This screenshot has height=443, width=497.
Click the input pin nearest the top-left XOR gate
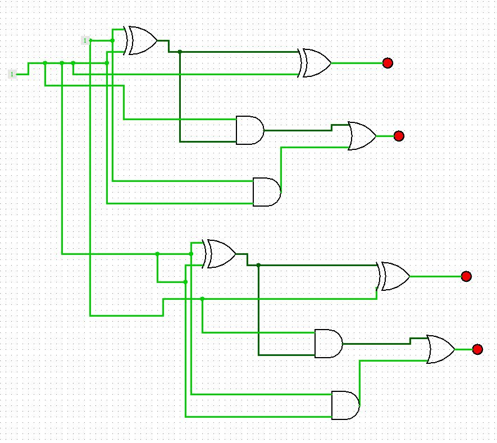pos(85,40)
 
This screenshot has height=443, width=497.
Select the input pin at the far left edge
pos(12,74)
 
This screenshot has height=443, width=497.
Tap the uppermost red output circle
pos(387,63)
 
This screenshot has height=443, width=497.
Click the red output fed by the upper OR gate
pos(399,136)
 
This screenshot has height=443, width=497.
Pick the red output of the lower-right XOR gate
pos(466,276)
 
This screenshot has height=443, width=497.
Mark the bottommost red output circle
pos(477,349)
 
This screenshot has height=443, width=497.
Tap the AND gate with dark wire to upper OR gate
pos(249,130)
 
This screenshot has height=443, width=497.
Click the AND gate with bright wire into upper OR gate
pos(266,192)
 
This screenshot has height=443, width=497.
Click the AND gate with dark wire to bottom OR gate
pos(328,344)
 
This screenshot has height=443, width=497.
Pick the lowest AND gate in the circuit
pos(345,405)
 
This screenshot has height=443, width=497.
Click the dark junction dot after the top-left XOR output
pos(180,52)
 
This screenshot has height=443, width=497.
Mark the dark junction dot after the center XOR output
pos(258,265)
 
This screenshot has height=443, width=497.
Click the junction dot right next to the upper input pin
pos(112,40)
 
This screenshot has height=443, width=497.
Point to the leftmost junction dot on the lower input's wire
pos(45,63)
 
